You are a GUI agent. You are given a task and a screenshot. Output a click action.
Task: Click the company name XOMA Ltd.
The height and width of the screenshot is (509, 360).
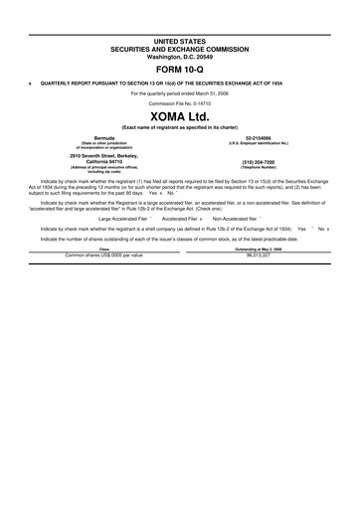(180, 117)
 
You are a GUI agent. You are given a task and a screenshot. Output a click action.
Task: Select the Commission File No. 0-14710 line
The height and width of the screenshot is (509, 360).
(180, 103)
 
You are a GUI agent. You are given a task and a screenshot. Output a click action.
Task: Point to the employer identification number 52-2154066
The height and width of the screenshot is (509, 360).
(259, 137)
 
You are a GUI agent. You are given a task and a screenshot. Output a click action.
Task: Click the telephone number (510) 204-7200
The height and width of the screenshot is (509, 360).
(259, 162)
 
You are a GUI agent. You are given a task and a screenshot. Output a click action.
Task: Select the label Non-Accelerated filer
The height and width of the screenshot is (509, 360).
(238, 217)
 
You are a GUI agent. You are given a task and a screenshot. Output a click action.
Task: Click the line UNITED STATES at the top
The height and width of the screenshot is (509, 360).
(180, 41)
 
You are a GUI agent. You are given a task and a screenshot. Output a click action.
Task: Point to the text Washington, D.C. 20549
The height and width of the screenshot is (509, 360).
(180, 56)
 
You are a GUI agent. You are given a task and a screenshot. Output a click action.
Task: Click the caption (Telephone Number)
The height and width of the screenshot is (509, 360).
(259, 168)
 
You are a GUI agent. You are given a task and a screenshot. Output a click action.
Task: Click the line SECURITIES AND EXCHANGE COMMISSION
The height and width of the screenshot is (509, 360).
(180, 49)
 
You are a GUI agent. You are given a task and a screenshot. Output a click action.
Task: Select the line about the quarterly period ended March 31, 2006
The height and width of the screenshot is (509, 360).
(180, 92)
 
